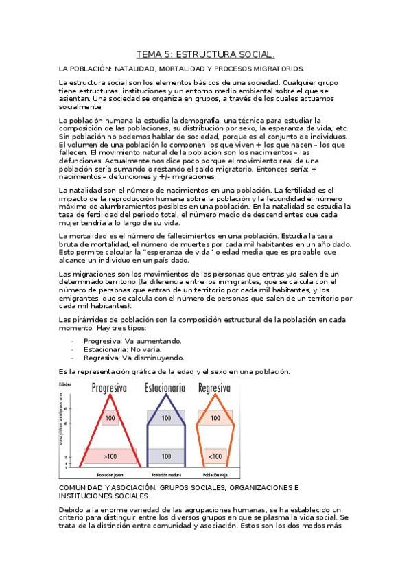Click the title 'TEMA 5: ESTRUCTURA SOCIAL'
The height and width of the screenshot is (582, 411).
pyautogui.click(x=205, y=54)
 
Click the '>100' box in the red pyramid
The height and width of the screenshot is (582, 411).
pyautogui.click(x=109, y=456)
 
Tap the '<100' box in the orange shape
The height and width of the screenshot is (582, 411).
pyautogui.click(x=215, y=456)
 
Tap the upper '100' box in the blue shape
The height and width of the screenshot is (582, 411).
pyautogui.click(x=165, y=417)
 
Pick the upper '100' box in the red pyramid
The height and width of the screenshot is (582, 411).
pyautogui.click(x=109, y=417)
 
